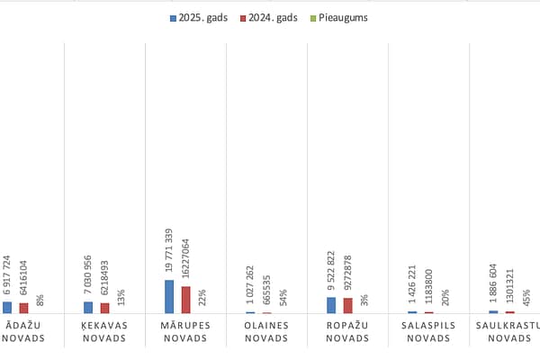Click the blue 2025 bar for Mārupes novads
169,297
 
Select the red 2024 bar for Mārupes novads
185,300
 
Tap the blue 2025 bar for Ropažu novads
331,305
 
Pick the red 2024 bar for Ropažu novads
347,305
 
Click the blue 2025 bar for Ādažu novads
7,307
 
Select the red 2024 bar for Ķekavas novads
104,308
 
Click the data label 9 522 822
331,268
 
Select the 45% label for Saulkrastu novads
526,296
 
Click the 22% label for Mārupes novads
202,296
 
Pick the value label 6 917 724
7,274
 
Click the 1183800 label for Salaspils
428,285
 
